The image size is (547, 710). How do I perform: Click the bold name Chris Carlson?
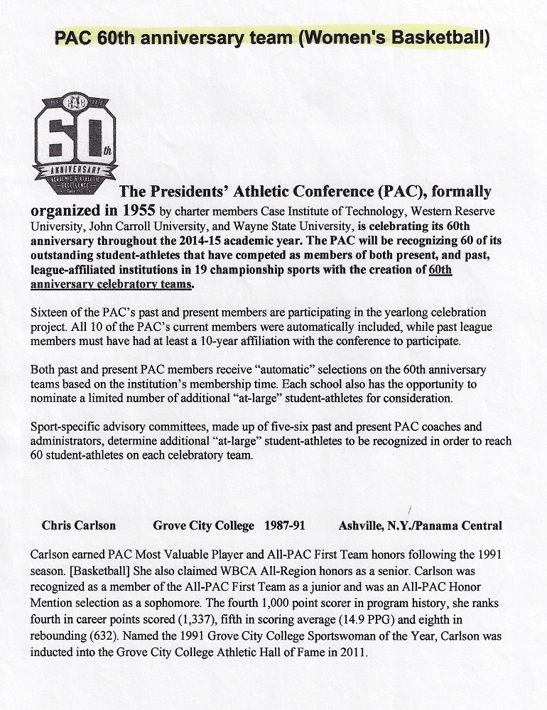79,526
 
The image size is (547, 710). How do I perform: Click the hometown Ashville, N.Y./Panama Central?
421,526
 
